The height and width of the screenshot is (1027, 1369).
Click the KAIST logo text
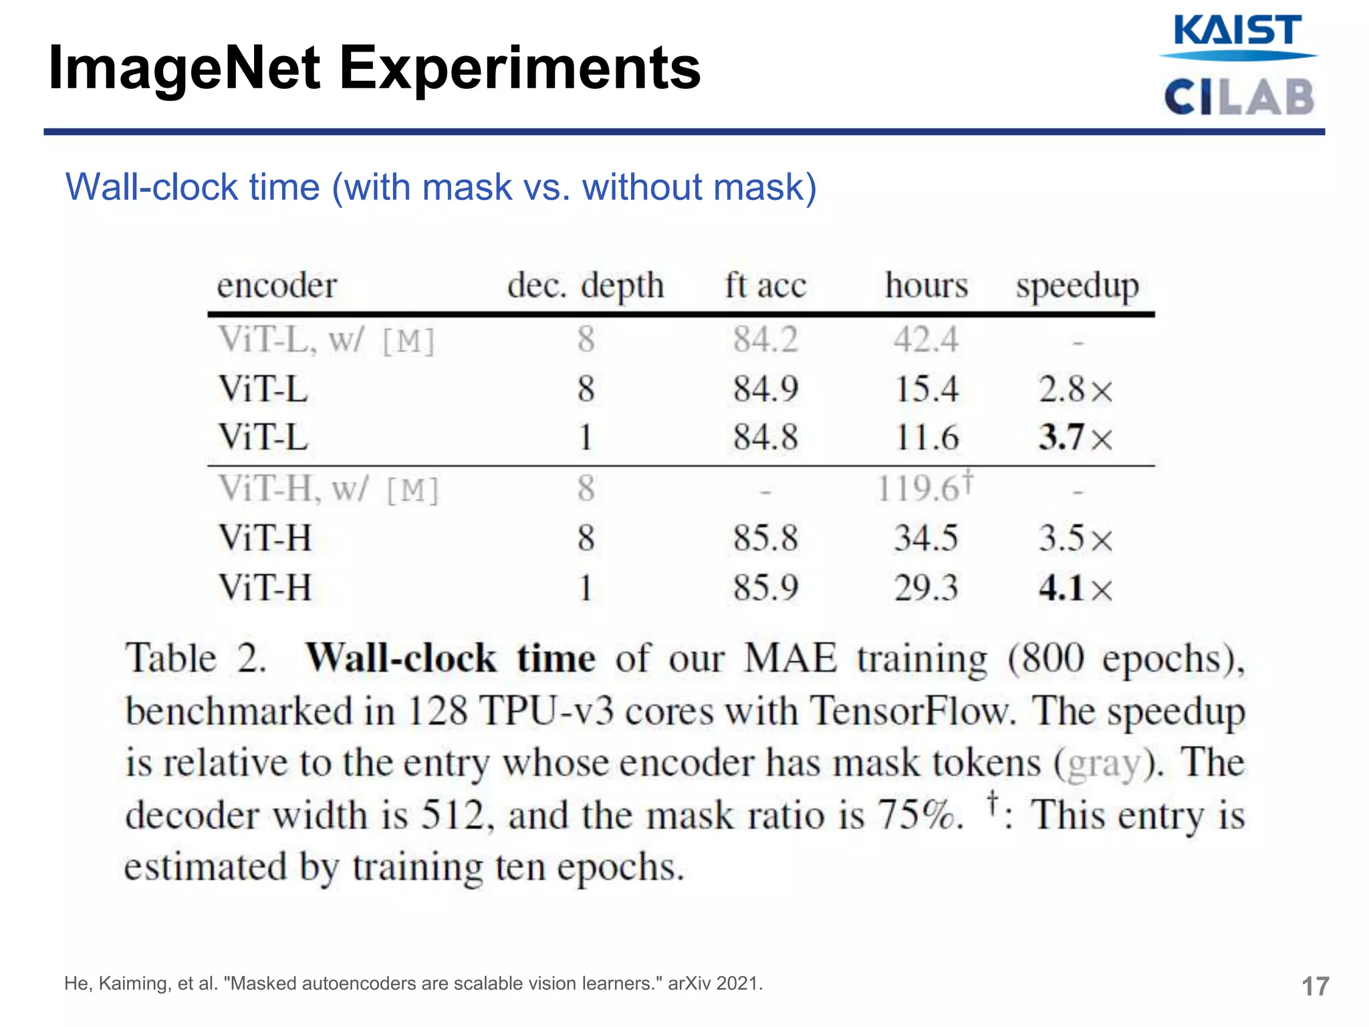click(x=1237, y=31)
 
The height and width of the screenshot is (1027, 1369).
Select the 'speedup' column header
click(x=1077, y=286)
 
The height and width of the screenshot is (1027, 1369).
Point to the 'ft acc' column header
click(x=765, y=286)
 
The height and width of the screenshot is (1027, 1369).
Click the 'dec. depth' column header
click(x=585, y=286)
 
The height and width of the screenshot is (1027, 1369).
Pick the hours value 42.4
click(x=926, y=339)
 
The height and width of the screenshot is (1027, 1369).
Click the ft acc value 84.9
click(x=765, y=388)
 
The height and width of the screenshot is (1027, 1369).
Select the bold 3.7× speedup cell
click(x=1075, y=438)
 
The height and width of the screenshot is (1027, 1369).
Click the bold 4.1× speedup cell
click(x=1075, y=588)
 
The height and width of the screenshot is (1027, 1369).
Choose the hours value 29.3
click(x=926, y=588)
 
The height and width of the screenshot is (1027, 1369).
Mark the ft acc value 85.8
click(x=765, y=538)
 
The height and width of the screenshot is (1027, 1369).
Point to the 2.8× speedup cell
click(x=1075, y=389)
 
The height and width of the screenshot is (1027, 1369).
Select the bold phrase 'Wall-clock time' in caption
click(x=450, y=658)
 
